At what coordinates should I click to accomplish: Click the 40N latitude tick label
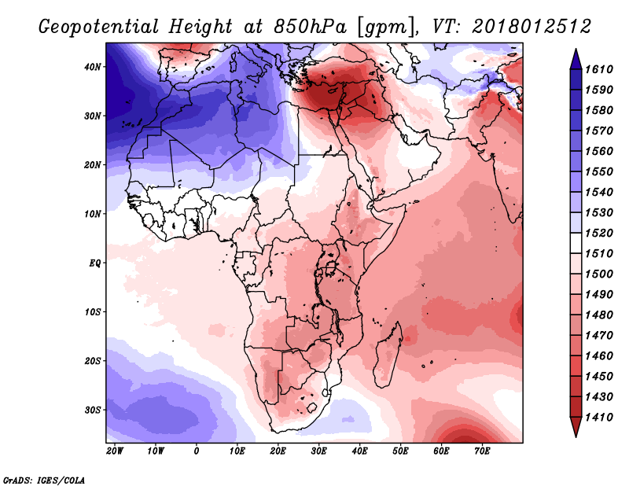(x=92, y=67)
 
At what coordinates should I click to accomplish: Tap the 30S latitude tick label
(x=92, y=410)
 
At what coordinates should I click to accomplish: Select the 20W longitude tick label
(x=115, y=451)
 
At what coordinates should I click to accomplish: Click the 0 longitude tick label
(x=196, y=451)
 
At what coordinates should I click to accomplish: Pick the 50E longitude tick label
(x=400, y=451)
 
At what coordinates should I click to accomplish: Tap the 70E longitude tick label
(x=482, y=451)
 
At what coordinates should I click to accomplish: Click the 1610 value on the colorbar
(x=598, y=69)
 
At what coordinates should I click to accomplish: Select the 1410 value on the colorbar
(x=598, y=417)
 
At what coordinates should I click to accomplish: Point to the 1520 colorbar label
(x=598, y=233)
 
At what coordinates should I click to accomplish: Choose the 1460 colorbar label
(x=598, y=355)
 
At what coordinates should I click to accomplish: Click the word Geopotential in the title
(x=99, y=28)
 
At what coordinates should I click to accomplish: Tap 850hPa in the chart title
(x=311, y=27)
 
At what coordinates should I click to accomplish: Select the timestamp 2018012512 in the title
(x=532, y=27)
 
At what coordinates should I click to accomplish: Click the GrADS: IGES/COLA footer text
(x=44, y=480)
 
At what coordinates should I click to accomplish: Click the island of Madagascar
(x=388, y=356)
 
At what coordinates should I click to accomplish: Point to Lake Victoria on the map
(x=330, y=266)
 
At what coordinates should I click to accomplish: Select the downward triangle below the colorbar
(x=576, y=427)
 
